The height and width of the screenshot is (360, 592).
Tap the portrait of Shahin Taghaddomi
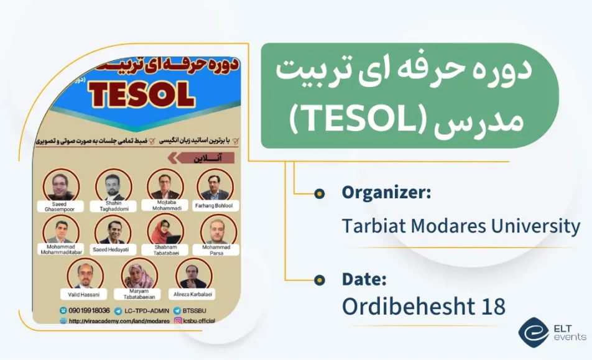[x=113, y=185]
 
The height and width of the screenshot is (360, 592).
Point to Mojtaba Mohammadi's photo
[x=165, y=185]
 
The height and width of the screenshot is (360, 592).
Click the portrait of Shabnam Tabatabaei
[x=165, y=231]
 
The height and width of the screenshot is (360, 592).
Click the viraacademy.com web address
[x=119, y=321]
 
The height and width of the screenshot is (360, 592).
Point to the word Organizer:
[x=386, y=193]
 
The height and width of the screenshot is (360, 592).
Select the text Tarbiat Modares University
[x=461, y=225]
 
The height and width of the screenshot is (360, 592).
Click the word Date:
[x=364, y=279]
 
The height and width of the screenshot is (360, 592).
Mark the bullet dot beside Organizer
[x=320, y=193]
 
